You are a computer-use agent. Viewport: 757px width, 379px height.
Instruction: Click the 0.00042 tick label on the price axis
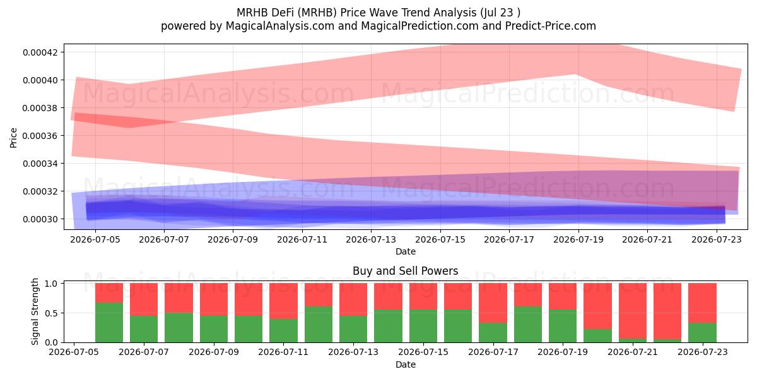40,52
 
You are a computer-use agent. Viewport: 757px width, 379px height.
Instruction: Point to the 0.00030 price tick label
40,219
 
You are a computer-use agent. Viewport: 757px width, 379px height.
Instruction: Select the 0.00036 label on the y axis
40,136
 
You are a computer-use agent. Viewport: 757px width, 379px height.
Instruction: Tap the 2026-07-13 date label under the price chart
371,239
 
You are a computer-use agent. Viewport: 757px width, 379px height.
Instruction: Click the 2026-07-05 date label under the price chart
95,239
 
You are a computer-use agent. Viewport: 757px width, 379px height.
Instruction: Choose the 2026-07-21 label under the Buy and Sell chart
633,352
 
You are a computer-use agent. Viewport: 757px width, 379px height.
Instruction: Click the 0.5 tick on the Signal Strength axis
51,313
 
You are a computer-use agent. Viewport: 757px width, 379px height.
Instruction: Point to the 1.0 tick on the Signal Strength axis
51,284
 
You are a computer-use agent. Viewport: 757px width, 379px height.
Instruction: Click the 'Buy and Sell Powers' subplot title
405,271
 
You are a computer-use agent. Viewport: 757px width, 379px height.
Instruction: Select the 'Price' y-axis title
13,138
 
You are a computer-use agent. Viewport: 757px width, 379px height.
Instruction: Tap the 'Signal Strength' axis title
35,311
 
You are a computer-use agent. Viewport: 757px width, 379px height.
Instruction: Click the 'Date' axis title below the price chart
406,251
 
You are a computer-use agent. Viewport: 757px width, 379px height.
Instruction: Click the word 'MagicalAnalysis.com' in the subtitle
280,26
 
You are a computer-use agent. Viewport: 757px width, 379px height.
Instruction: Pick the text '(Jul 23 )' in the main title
500,13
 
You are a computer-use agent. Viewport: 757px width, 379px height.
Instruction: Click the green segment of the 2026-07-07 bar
144,329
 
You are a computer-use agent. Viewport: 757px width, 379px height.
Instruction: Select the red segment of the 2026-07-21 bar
633,311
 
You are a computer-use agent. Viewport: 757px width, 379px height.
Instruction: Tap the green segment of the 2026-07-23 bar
703,333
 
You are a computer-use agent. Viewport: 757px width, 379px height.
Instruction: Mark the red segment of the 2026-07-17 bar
493,303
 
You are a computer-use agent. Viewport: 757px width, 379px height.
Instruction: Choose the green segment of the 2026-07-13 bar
353,329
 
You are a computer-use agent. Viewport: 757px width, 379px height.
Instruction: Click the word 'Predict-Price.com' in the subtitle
551,26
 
